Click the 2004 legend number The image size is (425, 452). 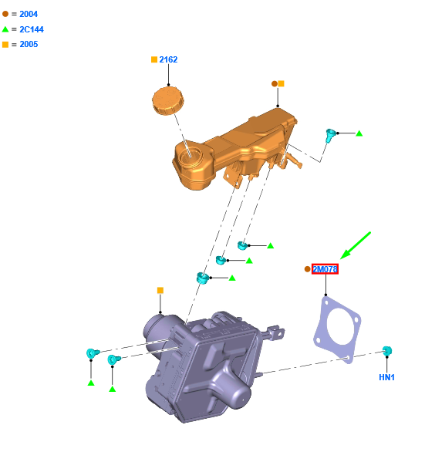click(29, 14)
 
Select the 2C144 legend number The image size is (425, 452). click(32, 29)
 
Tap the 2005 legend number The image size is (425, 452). click(29, 44)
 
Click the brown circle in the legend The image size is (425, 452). click(5, 14)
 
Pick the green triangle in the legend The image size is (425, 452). click(5, 29)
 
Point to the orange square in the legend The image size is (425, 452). click(5, 45)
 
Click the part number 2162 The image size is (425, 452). click(168, 59)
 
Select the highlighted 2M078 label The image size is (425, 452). click(325, 269)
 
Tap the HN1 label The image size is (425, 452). click(386, 377)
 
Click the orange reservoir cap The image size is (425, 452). click(168, 101)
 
